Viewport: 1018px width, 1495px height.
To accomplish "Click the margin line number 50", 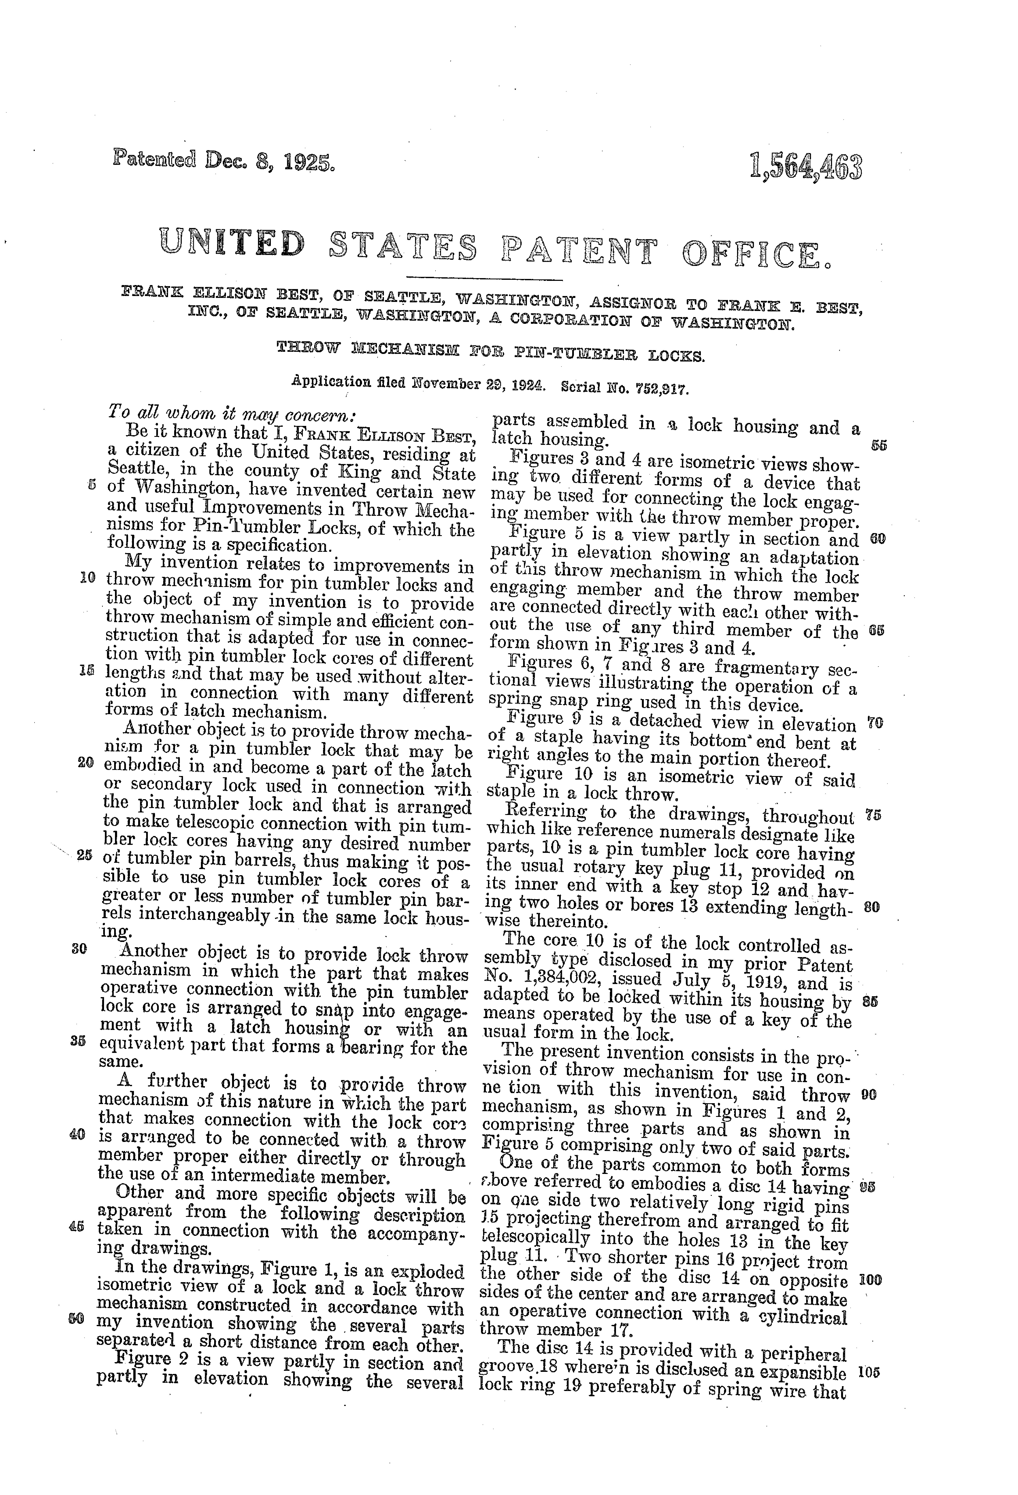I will pos(75,1316).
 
